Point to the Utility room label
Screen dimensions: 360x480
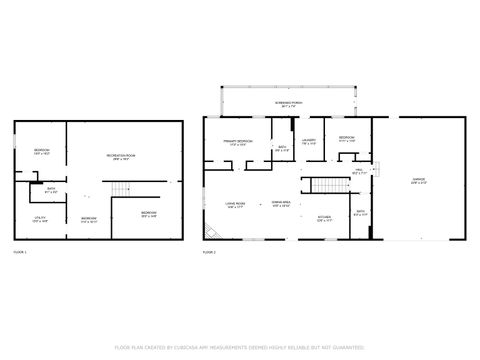pos(40,219)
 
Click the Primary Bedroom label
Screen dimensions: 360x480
pos(237,143)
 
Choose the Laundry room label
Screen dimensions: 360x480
pos(309,142)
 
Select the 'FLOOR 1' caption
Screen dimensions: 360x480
pos(21,252)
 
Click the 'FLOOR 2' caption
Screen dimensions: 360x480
pos(209,252)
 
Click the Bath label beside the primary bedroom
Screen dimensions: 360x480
pos(283,149)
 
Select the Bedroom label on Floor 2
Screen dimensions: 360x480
pos(347,138)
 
